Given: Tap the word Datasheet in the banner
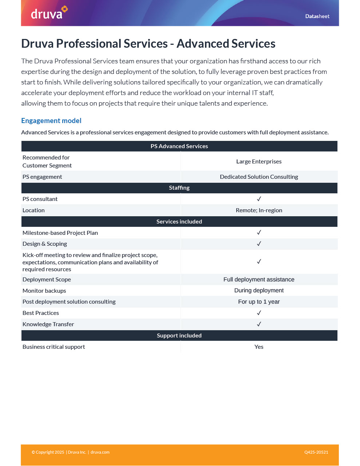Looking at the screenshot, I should tap(317, 16).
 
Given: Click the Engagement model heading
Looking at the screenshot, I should tap(51, 121).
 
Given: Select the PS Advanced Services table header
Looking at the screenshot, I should tap(179, 146).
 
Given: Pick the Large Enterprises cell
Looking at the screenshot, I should tap(259, 162).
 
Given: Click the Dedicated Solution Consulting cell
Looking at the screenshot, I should tap(259, 177).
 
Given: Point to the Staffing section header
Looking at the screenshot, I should tap(179, 188).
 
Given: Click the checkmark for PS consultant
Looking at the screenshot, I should tap(259, 199).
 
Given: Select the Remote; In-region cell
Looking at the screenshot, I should tap(259, 210).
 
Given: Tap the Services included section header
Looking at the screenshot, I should tap(179, 222).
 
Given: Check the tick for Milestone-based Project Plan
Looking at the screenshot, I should tap(259, 233).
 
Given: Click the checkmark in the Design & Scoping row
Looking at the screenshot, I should tap(259, 244).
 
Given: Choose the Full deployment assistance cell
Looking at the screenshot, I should tap(259, 280).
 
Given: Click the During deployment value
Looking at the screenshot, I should tap(259, 291).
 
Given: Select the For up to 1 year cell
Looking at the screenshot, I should tap(259, 302).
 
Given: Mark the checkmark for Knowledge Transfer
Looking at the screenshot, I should tap(259, 324).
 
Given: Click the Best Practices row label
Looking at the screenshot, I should tap(41, 313).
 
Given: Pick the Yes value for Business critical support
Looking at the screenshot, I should tap(259, 347).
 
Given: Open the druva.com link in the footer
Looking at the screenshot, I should tap(100, 453).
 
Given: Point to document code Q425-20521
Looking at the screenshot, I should tap(316, 453).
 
